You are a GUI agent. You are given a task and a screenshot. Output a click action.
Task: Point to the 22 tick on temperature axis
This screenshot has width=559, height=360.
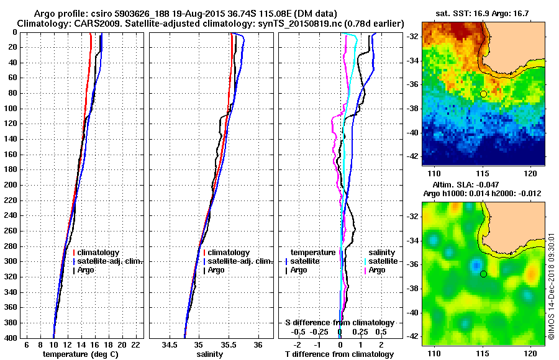[x=135, y=344]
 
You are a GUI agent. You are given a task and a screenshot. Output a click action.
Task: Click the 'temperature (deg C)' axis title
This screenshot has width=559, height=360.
[x=80, y=354]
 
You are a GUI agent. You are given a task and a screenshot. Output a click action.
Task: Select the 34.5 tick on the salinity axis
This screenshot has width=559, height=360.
[x=170, y=344]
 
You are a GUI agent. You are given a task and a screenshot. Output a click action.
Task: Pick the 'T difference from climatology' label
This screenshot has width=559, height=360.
[x=339, y=354]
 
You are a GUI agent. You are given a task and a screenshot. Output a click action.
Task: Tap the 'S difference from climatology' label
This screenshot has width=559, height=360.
[x=339, y=323]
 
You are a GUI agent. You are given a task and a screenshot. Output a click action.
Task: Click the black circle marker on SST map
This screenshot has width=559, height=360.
[x=483, y=94]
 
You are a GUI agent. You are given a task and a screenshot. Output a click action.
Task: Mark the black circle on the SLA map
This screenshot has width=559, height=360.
[x=483, y=274]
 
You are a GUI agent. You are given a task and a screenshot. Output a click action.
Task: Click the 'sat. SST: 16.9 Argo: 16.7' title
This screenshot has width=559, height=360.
[x=484, y=14]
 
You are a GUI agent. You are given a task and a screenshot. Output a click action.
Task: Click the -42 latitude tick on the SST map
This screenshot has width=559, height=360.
[x=412, y=156]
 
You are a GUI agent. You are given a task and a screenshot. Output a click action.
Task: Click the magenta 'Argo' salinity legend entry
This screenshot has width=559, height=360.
[x=376, y=270]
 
